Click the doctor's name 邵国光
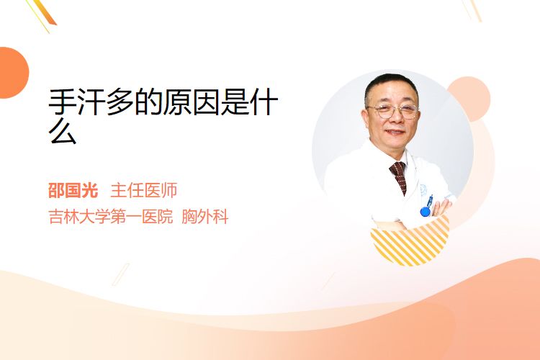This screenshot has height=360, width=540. coord(73,191)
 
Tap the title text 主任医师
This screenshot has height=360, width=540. coord(144,191)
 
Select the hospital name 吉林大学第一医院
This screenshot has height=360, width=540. coord(111,217)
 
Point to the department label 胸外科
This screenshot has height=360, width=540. coord(205,217)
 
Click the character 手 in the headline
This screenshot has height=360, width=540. coord(63,102)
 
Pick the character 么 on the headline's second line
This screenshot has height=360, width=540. coord(63,132)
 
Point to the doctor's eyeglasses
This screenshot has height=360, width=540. coord(393,111)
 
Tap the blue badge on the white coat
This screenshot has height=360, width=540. coord(426,207)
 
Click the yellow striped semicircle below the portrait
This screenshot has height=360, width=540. coord(410,242)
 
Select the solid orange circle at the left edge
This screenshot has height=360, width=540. coord(13,73)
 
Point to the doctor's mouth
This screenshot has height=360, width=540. coord(395,132)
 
